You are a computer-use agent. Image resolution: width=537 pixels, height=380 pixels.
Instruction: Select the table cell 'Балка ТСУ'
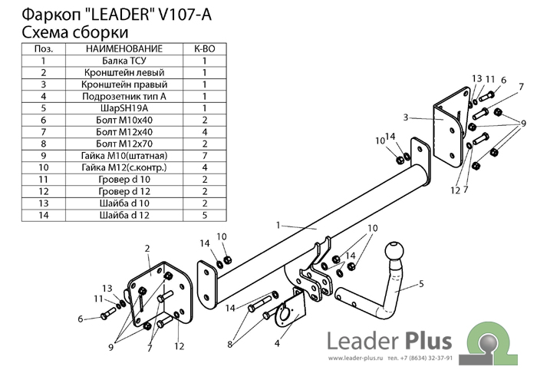pyautogui.click(x=124, y=60)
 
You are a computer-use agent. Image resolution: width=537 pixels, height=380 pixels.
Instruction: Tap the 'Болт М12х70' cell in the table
pyautogui.click(x=124, y=144)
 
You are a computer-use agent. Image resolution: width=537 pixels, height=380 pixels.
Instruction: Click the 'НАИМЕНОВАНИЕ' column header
pyautogui.click(x=124, y=48)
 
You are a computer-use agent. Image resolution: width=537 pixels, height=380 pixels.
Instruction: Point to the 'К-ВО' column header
pyautogui.click(x=205, y=48)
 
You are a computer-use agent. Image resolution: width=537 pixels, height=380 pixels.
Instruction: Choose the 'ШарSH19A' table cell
pyautogui.click(x=124, y=108)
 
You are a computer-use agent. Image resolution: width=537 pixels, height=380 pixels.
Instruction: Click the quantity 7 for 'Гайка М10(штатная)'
pyautogui.click(x=205, y=156)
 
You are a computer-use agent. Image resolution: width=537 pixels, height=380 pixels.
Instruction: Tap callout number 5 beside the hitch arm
pyautogui.click(x=420, y=283)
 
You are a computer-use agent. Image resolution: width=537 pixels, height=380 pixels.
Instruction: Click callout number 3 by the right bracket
pyautogui.click(x=405, y=117)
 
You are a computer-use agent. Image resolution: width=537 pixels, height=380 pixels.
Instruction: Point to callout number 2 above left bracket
pyautogui.click(x=147, y=248)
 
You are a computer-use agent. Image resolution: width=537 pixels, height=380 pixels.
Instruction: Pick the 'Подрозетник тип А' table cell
pyautogui.click(x=124, y=96)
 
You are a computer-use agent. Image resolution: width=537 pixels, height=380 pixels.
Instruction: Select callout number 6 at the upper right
pyautogui.click(x=504, y=80)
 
